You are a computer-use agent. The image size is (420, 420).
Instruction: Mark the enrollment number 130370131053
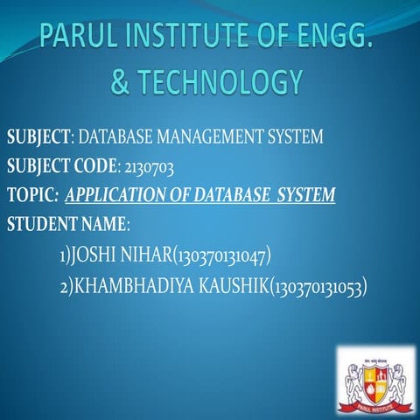(318, 285)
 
